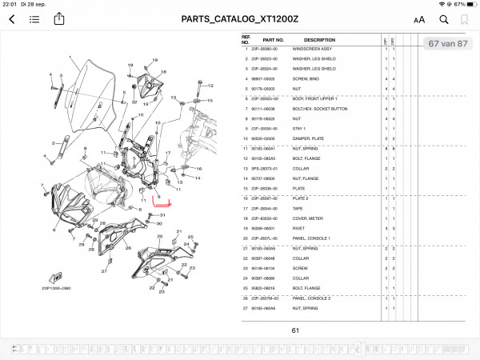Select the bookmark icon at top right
click(x=466, y=19)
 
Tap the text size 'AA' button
click(x=419, y=20)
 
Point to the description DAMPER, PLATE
click(x=310, y=138)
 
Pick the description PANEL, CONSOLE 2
click(x=314, y=297)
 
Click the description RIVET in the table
click(x=302, y=227)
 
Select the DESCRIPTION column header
click(x=319, y=39)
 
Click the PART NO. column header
click(x=274, y=39)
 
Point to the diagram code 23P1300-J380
click(x=58, y=288)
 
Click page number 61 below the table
click(x=295, y=330)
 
